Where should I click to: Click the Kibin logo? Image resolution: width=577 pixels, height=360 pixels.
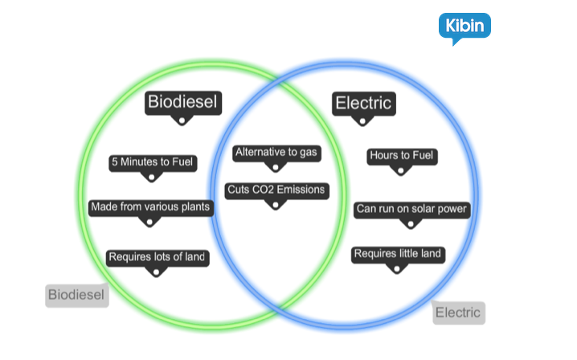coord(464,27)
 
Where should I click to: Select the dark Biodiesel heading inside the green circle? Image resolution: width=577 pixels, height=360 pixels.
coord(183,102)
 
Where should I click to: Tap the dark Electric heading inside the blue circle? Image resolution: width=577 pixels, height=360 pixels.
coord(363,103)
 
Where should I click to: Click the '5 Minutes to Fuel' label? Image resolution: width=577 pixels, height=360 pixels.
coord(153,162)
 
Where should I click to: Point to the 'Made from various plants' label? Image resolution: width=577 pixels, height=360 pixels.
coord(150,207)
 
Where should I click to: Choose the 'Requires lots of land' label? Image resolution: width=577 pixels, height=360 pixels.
coord(158,257)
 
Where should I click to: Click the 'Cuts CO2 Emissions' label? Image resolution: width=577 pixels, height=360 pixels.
coord(276,190)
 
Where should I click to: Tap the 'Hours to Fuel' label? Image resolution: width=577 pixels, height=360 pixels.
coord(402,155)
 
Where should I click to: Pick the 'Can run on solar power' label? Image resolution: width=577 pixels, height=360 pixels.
coord(411,209)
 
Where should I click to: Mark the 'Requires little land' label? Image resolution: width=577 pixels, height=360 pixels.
coord(397,254)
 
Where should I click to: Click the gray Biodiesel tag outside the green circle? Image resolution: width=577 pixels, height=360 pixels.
coord(76,295)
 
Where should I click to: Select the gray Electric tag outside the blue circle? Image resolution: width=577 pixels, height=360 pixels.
coord(458,313)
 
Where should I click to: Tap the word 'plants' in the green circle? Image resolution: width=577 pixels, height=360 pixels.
coord(195,207)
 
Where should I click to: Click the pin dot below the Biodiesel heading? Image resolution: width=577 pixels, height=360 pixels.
coord(182,121)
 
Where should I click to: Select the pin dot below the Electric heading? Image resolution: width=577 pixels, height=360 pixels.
coord(362,121)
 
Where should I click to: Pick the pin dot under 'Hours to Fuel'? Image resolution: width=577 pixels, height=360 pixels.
coord(402,170)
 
